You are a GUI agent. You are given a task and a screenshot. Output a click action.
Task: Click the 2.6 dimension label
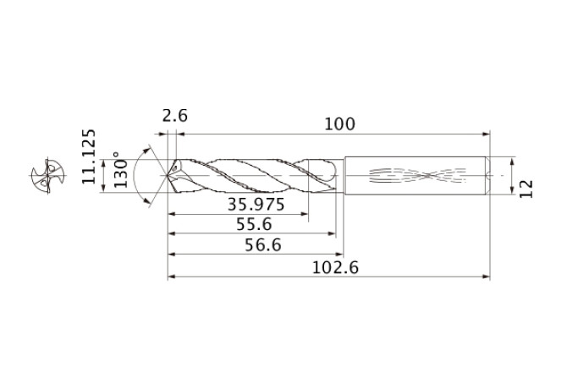[175, 116]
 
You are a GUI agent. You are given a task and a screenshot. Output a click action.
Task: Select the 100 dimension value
[339, 123]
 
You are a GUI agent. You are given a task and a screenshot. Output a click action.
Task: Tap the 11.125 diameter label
[89, 156]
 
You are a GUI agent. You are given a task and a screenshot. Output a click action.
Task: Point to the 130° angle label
[121, 169]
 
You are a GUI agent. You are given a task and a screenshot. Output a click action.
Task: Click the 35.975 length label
[256, 205]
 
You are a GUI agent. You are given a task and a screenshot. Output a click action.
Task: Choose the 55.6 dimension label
[254, 224]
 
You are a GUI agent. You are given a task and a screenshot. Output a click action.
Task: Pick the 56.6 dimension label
[263, 245]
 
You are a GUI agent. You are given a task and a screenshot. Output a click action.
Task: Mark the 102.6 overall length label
[335, 267]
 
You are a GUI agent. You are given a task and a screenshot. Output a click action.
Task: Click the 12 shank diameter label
[526, 189]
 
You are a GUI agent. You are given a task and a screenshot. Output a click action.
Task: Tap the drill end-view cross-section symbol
[47, 176]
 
